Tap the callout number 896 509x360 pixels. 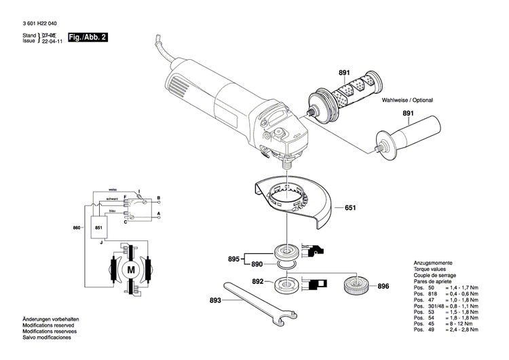coord(383,286)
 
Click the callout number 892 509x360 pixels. coord(258,281)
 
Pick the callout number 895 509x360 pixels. coord(234,259)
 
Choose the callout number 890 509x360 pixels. coord(257,264)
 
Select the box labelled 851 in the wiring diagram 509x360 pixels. coord(99,228)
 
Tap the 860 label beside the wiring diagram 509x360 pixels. coord(77,228)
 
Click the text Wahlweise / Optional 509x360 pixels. coord(407,100)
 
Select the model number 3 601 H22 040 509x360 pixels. coord(39,23)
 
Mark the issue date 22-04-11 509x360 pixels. coord(52,40)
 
